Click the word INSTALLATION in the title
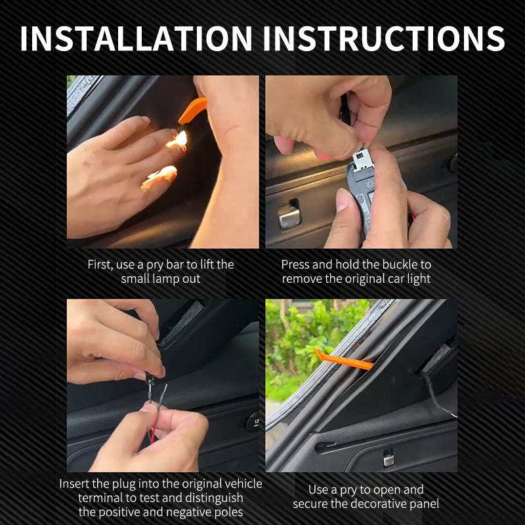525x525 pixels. click(x=136, y=38)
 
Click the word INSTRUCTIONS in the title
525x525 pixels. click(x=384, y=38)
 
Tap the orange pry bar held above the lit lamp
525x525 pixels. click(x=192, y=111)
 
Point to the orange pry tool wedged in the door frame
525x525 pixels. click(x=344, y=359)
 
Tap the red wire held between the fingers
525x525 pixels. click(x=153, y=435)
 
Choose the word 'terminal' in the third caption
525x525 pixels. click(x=100, y=498)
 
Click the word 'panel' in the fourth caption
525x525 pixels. click(x=423, y=504)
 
